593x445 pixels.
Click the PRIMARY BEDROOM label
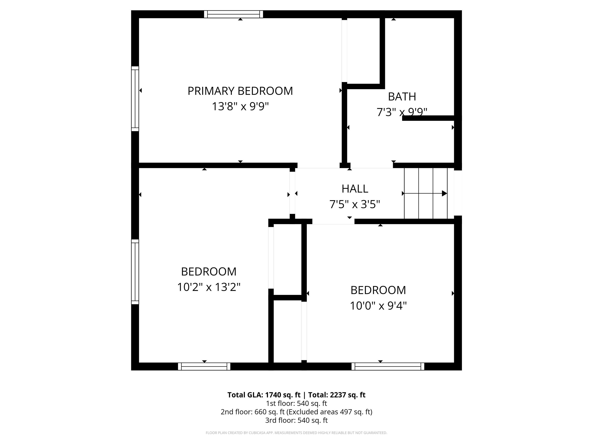240,91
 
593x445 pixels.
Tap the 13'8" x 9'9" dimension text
240,106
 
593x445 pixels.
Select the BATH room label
402,97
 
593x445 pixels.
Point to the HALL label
355,189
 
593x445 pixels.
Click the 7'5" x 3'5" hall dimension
355,204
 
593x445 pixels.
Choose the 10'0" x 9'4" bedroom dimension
378,306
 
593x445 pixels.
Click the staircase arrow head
445,193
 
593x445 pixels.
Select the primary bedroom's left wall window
135,99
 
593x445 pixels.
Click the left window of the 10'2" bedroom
135,272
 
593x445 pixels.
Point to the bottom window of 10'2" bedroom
204,366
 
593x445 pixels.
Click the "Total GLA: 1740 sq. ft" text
264,395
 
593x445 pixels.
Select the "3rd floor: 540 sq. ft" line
296,420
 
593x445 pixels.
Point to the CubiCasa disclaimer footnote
296,433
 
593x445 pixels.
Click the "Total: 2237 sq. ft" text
337,395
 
